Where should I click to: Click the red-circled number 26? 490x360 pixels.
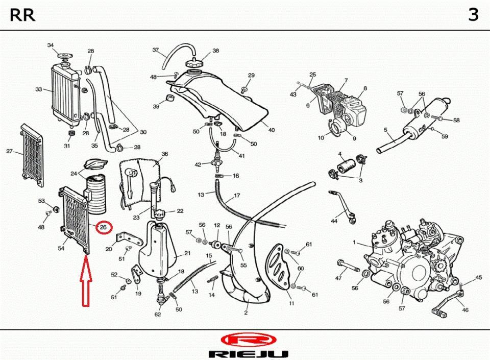pyautogui.click(x=104, y=227)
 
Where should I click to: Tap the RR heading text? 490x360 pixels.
pyautogui.click(x=23, y=15)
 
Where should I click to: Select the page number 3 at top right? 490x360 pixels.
pyautogui.click(x=473, y=15)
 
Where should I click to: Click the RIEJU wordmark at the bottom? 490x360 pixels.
pyautogui.click(x=249, y=353)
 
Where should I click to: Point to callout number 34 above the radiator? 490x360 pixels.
pyautogui.click(x=51, y=46)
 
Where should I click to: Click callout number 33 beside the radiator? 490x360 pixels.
pyautogui.click(x=39, y=89)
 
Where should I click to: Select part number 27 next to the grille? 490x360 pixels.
pyautogui.click(x=9, y=151)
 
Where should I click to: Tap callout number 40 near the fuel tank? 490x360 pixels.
pyautogui.click(x=271, y=130)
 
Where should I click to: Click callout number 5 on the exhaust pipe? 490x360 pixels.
pyautogui.click(x=385, y=130)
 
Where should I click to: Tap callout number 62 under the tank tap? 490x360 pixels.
pyautogui.click(x=158, y=314)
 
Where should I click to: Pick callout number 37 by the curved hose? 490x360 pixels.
pyautogui.click(x=156, y=50)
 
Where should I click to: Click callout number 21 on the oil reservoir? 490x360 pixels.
pyautogui.click(x=187, y=253)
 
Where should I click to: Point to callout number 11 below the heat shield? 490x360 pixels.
pyautogui.click(x=291, y=303)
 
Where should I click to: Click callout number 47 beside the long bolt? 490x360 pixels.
pyautogui.click(x=338, y=278)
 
